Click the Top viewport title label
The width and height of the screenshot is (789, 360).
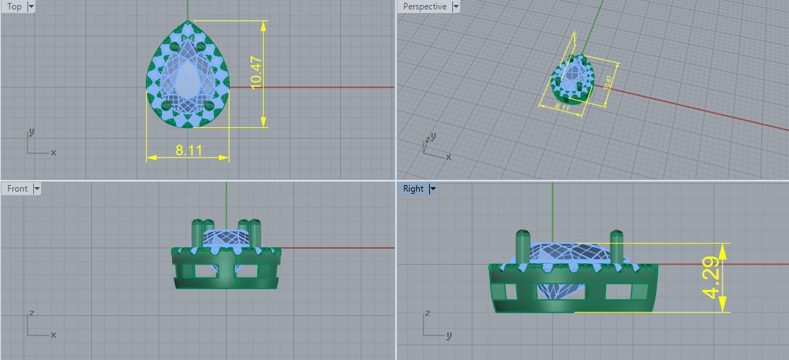14,7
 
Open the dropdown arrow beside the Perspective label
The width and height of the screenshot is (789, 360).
455,7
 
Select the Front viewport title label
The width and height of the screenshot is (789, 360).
17,189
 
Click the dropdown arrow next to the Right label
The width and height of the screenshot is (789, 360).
433,189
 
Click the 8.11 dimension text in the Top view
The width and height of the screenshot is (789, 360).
189,151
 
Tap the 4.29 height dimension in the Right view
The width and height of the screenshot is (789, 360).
711,278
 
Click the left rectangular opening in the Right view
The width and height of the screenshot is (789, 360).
510,291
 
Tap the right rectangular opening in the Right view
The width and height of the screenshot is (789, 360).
618,291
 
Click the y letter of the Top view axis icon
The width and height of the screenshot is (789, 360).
31,132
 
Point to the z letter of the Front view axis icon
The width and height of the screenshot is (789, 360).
31,314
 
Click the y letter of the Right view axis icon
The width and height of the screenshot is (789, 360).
449,335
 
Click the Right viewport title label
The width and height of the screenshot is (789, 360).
413,189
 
